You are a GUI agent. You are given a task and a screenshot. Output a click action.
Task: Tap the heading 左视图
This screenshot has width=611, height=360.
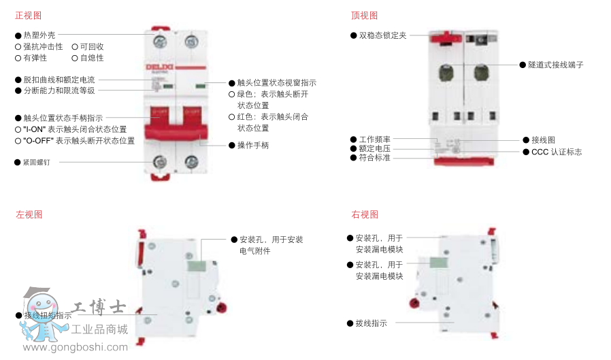coord(29,214)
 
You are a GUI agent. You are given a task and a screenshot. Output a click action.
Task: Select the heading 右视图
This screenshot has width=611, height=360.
coord(364,214)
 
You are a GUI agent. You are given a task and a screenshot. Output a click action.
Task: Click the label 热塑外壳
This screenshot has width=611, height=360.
coord(39,34)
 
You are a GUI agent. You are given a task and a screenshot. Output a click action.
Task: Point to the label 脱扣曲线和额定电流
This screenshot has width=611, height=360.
coord(59,80)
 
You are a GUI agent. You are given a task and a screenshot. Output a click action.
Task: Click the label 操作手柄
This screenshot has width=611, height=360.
coord(252,145)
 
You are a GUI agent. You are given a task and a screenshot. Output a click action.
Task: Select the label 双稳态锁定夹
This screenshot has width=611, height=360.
coord(382,35)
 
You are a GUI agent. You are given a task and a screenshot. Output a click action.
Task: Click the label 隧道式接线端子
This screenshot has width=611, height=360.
coord(555,65)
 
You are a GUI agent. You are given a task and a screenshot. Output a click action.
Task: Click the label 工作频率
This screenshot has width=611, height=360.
coord(375,139)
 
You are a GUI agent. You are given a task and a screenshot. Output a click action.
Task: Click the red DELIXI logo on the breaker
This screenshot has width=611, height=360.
coord(160,66)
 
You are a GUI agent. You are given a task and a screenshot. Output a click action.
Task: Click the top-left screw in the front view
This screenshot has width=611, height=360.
coord(161,42)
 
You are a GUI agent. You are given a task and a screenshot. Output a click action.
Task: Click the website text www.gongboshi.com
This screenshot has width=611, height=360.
coord(66,347)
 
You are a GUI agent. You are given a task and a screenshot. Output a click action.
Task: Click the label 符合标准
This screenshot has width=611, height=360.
coord(375,157)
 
